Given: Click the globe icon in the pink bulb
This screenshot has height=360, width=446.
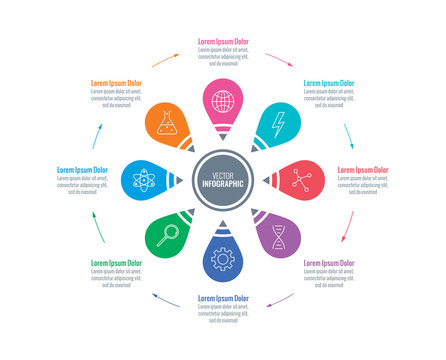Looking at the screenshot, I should click(223, 101).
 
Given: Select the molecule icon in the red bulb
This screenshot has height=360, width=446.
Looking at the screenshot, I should click(301, 180).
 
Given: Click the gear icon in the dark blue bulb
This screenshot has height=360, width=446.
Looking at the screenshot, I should click(223, 259).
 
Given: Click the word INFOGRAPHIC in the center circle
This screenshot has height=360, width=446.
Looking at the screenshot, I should click(223, 185).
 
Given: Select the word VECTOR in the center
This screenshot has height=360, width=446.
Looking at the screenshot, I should click(223, 175).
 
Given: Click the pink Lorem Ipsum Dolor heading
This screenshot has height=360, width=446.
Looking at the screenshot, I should click(223, 41).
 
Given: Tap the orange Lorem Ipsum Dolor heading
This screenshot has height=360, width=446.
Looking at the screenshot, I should click(116, 83).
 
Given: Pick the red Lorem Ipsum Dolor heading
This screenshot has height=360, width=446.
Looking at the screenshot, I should click(361, 170).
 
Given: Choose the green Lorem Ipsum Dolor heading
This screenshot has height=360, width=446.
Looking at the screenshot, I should click(116, 263).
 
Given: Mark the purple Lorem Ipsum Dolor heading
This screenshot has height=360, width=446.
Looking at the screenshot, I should click(328, 263).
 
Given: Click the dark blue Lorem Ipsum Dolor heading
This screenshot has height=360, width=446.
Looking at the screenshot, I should click(223, 299).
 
